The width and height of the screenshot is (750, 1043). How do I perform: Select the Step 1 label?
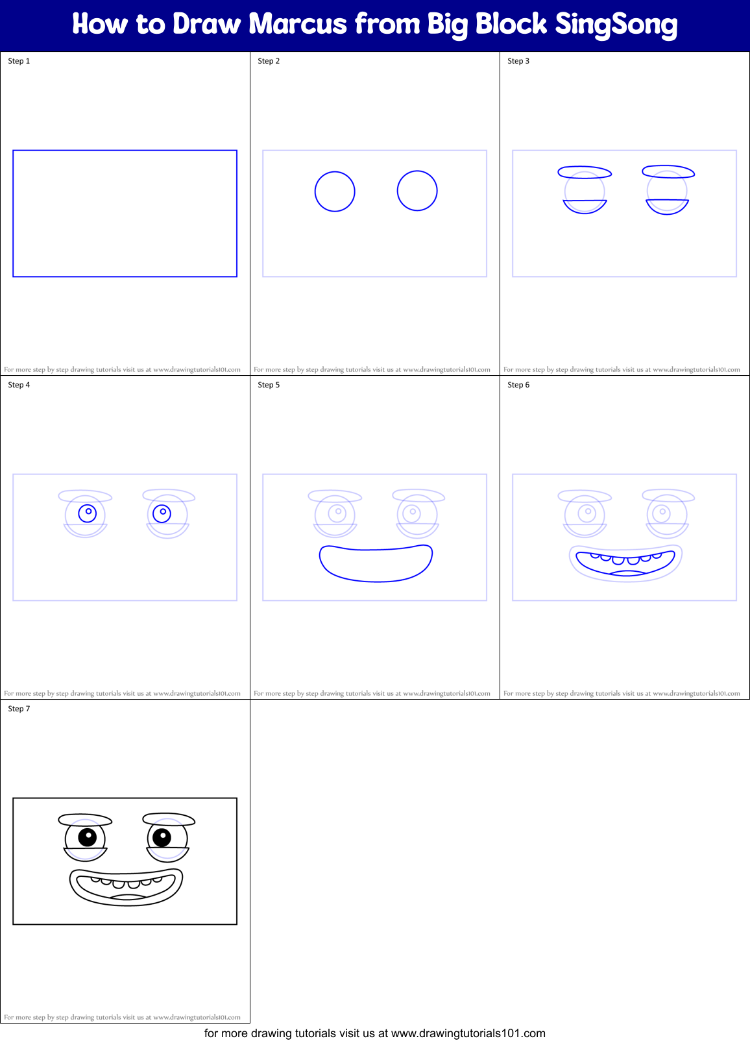point(19,61)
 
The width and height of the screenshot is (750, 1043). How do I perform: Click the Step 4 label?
point(19,385)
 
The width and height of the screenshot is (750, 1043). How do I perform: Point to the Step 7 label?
point(19,709)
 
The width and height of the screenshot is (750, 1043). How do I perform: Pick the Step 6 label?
point(518,385)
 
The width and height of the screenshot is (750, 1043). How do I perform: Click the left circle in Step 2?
point(335,191)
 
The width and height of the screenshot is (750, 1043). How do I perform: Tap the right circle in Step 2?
point(417,191)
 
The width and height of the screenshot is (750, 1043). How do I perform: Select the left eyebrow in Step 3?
point(585,172)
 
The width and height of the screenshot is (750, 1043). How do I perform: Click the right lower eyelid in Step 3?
point(667,207)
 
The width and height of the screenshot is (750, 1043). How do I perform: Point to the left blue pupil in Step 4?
point(87,513)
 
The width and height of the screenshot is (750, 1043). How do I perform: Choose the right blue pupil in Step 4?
point(162,513)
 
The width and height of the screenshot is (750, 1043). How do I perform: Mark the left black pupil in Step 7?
point(87,837)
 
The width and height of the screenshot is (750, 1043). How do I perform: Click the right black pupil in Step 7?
point(162,837)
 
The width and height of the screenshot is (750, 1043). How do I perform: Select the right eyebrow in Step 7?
point(169,819)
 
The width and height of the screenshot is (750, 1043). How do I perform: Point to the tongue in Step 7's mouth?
point(128,897)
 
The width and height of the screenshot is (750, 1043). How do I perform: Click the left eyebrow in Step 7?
point(85,820)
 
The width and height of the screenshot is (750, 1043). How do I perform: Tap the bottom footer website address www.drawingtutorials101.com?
point(468,1033)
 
